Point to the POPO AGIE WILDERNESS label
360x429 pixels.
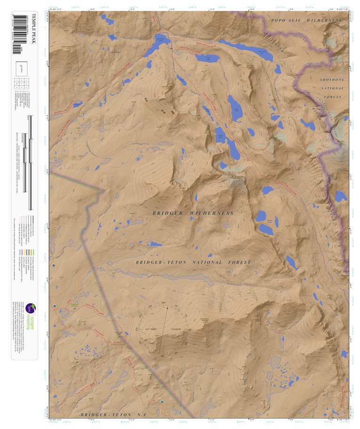[306, 21]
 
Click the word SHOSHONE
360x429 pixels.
[332, 80]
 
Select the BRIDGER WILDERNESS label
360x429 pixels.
[193, 213]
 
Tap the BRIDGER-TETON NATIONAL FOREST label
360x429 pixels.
[193, 262]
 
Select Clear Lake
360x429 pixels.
[208, 58]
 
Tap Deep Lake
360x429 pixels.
[234, 108]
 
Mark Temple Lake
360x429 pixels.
[228, 143]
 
